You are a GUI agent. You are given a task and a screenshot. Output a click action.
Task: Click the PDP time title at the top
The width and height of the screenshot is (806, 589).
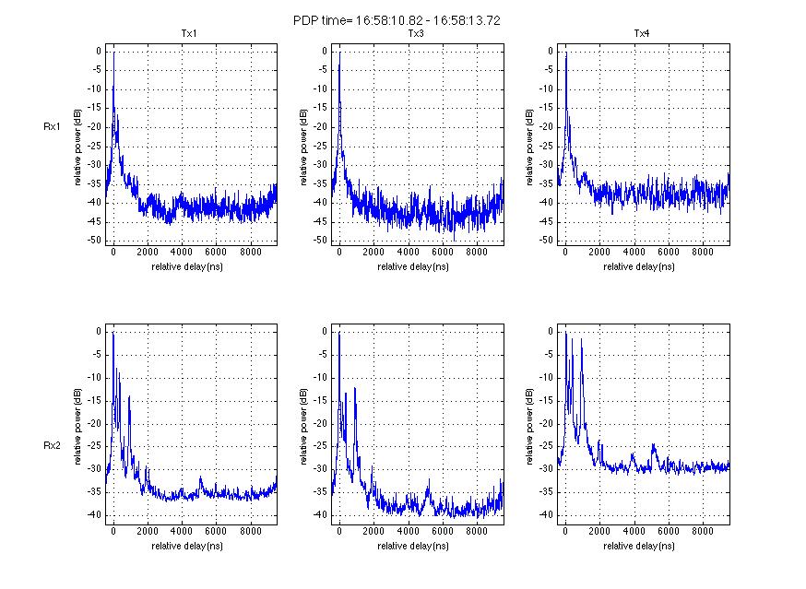(x=397, y=19)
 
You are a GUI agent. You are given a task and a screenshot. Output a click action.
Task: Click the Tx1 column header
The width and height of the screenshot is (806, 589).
(x=188, y=34)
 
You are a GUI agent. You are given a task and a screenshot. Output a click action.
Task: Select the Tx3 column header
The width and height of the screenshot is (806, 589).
(x=416, y=34)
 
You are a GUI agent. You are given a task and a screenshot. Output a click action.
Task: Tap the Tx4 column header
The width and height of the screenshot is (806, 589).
(x=642, y=34)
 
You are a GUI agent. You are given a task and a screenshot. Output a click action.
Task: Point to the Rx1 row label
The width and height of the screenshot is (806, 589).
(x=52, y=127)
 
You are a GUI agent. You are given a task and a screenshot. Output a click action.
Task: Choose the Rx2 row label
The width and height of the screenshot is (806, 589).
(x=52, y=445)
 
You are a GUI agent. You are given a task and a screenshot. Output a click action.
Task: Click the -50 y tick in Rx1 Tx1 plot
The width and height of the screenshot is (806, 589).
(x=93, y=241)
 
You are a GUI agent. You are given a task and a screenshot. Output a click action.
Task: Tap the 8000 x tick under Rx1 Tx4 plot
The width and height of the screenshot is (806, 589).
(x=703, y=251)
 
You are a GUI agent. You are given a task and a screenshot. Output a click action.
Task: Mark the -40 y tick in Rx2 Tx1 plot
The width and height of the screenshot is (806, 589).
(x=93, y=515)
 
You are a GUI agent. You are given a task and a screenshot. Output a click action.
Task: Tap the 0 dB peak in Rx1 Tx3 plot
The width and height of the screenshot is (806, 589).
(x=340, y=53)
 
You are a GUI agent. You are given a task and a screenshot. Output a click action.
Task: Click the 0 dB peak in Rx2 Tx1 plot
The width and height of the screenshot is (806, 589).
(x=113, y=333)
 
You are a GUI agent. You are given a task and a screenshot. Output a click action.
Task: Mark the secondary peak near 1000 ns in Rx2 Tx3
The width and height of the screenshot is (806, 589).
(x=355, y=388)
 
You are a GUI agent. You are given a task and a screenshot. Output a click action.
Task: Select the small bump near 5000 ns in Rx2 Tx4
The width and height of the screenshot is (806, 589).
(x=654, y=446)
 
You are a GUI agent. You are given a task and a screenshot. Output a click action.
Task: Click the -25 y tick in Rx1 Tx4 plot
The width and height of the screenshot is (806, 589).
(x=545, y=146)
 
